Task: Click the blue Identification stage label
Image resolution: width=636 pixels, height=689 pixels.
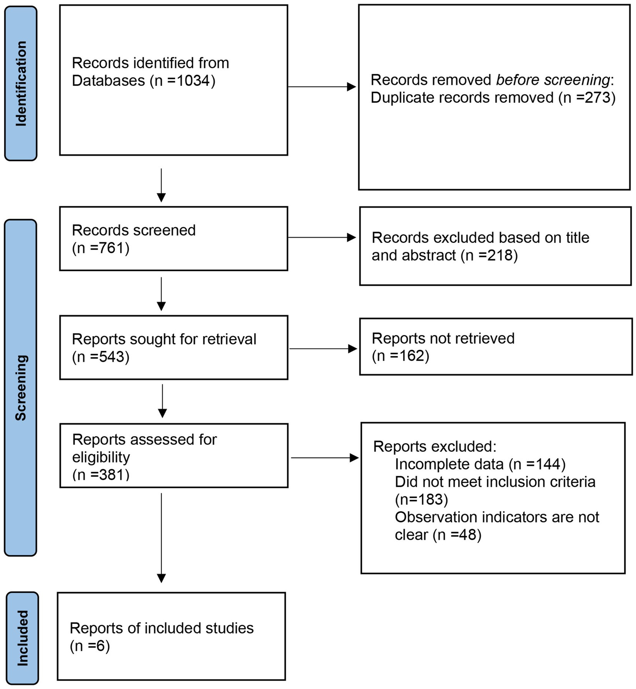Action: point(21,83)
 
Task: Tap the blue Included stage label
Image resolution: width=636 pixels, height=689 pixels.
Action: point(22,638)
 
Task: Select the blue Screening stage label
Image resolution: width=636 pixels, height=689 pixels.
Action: point(20,387)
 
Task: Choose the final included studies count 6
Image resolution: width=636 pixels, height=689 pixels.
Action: point(101,646)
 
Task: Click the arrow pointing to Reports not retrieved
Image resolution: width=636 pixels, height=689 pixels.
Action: point(323,349)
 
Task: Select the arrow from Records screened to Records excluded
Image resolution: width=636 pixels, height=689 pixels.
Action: point(322,238)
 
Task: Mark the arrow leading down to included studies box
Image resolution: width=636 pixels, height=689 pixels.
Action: point(161,538)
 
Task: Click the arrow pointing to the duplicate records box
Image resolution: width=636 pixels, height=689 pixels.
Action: point(322,87)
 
